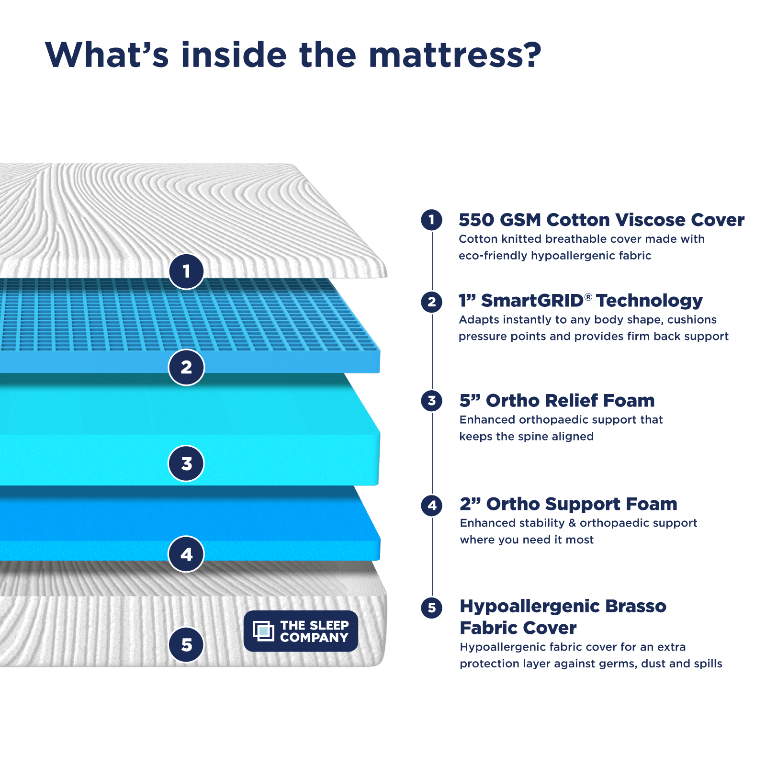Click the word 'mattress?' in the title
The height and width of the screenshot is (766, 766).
(x=455, y=55)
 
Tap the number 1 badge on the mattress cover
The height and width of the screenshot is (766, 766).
(x=186, y=271)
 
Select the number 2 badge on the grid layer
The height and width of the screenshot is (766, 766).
(x=186, y=367)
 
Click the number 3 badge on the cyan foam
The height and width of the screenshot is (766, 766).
(x=186, y=463)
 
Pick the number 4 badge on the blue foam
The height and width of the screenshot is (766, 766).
(x=186, y=554)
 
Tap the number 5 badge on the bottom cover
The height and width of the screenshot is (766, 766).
(x=186, y=644)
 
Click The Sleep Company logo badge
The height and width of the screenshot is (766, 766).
(x=301, y=631)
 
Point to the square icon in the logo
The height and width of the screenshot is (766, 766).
(x=263, y=631)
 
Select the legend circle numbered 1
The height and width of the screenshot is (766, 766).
(x=431, y=220)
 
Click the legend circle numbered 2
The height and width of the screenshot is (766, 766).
(x=431, y=302)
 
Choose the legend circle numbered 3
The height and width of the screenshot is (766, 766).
(x=431, y=401)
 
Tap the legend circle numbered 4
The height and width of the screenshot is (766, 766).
(x=431, y=505)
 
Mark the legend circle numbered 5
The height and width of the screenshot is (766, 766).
(x=431, y=608)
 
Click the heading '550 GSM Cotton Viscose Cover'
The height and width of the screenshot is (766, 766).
(x=601, y=220)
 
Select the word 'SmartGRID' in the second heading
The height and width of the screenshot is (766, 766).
(x=532, y=301)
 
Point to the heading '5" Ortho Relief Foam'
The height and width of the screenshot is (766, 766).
(x=557, y=400)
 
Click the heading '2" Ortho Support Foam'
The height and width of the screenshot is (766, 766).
(x=568, y=504)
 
